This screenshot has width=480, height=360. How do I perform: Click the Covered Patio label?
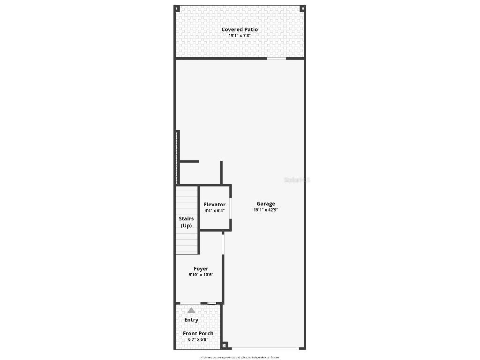240,30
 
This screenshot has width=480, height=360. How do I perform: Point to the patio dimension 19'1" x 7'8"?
240,36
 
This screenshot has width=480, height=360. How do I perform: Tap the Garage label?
266,204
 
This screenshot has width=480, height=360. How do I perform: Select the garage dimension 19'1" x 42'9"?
266,210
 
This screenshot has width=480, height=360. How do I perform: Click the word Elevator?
215,205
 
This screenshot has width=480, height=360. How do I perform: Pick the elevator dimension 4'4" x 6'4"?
215,211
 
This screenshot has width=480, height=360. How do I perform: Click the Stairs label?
186,219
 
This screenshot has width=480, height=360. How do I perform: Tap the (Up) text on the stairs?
186,225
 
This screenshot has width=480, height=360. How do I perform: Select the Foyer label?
201,269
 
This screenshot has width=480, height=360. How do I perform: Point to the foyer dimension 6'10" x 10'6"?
201,275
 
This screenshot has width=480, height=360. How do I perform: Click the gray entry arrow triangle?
191,310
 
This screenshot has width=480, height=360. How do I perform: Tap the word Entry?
191,320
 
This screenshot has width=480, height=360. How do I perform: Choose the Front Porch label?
198,333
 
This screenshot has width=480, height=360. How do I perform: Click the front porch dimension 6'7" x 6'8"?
198,339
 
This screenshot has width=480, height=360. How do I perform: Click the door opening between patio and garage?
277,59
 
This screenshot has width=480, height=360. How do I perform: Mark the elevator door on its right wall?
231,208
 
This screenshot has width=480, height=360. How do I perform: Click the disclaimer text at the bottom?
240,357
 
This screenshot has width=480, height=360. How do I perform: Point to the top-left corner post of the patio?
177,8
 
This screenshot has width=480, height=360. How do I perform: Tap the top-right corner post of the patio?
303,8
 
